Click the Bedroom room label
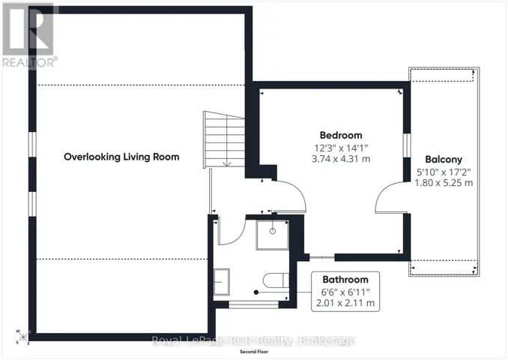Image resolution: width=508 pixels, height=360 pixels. click(341, 135)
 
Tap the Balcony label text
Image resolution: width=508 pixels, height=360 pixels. click(444, 160)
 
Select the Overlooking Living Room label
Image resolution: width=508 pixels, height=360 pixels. click(121, 157)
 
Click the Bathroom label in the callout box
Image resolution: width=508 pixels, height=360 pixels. click(345, 280)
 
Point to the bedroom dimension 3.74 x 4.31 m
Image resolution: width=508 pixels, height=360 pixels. click(341, 159)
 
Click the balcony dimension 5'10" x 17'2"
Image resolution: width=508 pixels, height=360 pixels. click(444, 172)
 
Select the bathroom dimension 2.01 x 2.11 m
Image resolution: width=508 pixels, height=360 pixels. click(345, 303)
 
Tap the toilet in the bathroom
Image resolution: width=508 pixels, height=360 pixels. click(276, 280)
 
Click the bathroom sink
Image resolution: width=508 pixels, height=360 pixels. click(222, 282)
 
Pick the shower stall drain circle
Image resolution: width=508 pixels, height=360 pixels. click(273, 231)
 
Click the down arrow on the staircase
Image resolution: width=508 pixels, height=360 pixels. click(227, 163)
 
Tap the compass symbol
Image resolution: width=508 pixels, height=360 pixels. click(22, 337)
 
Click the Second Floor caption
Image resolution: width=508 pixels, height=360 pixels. click(254, 352)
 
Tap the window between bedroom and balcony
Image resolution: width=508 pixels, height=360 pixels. click(407, 145)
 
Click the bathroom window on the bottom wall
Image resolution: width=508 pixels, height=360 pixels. click(254, 304)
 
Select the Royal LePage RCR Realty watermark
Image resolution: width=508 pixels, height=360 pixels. click(254, 341)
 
